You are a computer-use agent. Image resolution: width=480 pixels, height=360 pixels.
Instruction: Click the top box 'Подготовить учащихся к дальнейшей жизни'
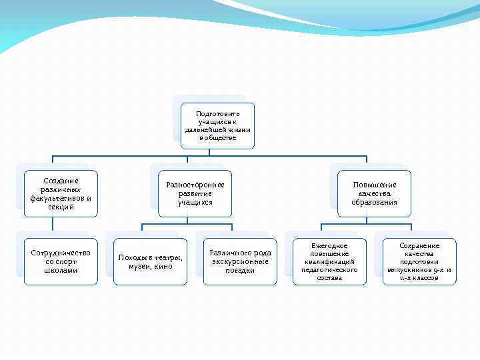tap(217, 125)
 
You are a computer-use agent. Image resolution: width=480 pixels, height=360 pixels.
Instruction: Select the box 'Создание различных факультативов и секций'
tap(61, 193)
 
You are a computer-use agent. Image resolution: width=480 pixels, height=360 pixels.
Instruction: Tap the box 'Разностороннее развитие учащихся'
tap(195, 193)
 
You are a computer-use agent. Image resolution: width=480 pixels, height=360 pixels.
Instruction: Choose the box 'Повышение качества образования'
tap(374, 193)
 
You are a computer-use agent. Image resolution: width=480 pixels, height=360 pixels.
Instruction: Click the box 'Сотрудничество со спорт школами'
tap(61, 261)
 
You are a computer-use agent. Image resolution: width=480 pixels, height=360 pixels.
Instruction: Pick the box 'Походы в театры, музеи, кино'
tap(150, 261)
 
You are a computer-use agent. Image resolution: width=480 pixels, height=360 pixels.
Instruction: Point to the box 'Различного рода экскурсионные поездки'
tap(240, 261)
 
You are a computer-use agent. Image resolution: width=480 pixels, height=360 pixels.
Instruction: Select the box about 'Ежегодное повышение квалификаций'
tap(329, 261)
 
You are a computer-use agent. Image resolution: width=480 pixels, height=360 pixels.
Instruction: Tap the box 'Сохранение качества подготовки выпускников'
tap(419, 261)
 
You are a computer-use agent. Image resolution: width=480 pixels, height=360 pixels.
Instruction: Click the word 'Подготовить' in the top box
tap(217, 114)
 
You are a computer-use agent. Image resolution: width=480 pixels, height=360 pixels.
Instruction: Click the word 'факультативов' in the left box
tap(57, 198)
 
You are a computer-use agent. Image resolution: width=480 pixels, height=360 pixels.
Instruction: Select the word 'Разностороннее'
tap(195, 185)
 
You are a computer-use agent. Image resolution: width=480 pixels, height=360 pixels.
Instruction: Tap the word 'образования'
tap(374, 202)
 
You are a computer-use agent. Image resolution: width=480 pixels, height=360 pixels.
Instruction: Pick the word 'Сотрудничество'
tap(61, 253)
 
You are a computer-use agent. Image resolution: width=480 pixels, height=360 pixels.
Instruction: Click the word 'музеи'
tap(141, 266)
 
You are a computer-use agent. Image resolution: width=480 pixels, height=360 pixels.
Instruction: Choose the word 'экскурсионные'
tap(240, 261)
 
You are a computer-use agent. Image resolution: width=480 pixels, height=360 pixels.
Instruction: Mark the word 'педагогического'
tap(329, 269)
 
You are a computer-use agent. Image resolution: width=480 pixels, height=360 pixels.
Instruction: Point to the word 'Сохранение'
tap(419, 245)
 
